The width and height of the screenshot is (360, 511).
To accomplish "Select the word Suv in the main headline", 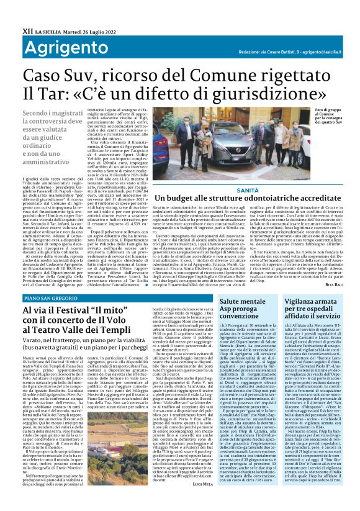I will coord(79,76).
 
